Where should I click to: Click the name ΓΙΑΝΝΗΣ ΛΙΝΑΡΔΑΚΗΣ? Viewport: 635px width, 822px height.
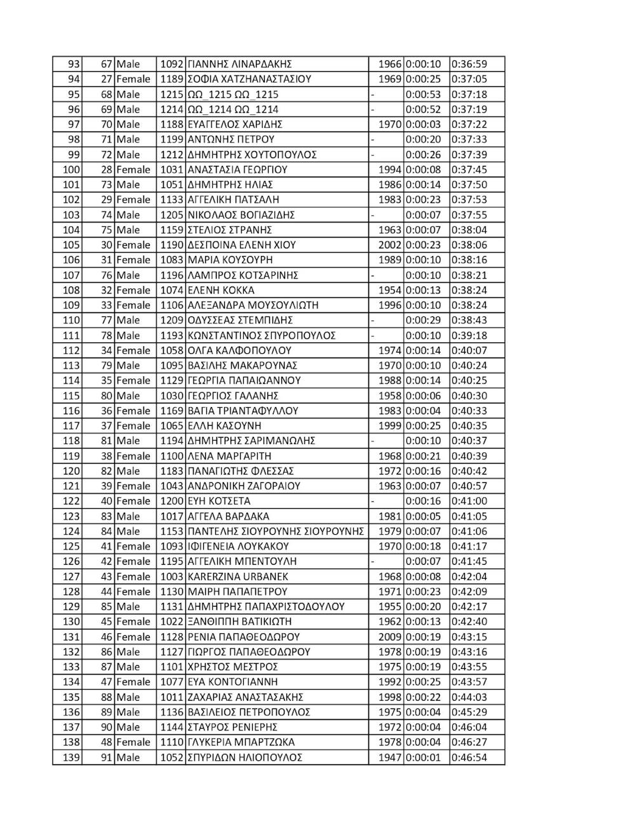tap(239, 64)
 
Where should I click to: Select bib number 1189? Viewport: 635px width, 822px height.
tap(171, 79)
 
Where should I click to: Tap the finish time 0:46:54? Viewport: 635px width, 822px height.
tap(469, 757)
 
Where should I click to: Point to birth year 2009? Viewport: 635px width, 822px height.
tap(389, 637)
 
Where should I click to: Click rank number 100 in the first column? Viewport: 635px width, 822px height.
tap(71, 170)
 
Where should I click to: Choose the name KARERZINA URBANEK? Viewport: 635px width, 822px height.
tap(238, 577)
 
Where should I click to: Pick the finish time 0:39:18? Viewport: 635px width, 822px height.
tap(469, 335)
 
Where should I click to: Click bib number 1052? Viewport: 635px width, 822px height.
tap(171, 757)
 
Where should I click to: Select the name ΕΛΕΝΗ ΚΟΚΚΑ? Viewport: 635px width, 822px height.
tap(221, 290)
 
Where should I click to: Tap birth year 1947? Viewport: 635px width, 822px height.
tap(389, 757)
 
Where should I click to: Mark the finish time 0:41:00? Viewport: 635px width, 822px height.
tap(469, 501)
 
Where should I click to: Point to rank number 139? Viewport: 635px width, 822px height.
tap(71, 757)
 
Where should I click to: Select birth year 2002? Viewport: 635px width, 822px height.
tap(389, 245)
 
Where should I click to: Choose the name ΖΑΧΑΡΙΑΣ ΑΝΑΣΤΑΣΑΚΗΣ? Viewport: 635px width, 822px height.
tap(246, 697)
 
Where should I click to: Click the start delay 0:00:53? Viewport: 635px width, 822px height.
tap(423, 95)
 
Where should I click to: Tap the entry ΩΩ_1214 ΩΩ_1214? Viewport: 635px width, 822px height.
tap(233, 110)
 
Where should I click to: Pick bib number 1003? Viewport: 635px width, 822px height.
tap(171, 577)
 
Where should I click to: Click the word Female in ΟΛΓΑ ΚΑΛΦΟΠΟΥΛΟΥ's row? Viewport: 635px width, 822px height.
tap(133, 351)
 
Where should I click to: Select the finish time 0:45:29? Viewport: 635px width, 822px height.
tap(469, 712)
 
